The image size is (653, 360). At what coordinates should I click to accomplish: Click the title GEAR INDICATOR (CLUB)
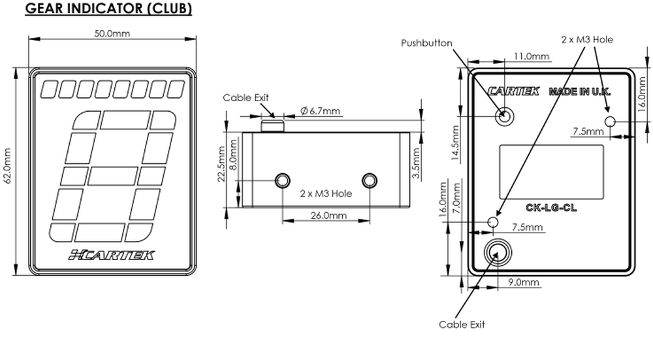click(108, 8)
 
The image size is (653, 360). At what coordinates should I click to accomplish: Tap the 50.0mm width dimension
click(112, 33)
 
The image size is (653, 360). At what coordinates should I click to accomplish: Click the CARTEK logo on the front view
click(111, 255)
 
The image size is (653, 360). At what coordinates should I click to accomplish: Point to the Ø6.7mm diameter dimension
click(320, 111)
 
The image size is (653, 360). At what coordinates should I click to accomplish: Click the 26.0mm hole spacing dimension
click(328, 215)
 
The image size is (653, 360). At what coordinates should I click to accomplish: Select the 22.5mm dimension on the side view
click(221, 164)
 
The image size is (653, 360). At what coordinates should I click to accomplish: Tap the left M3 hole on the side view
click(283, 180)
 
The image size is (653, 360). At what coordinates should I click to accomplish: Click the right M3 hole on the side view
click(370, 180)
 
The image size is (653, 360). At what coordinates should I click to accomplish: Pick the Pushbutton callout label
click(426, 43)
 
